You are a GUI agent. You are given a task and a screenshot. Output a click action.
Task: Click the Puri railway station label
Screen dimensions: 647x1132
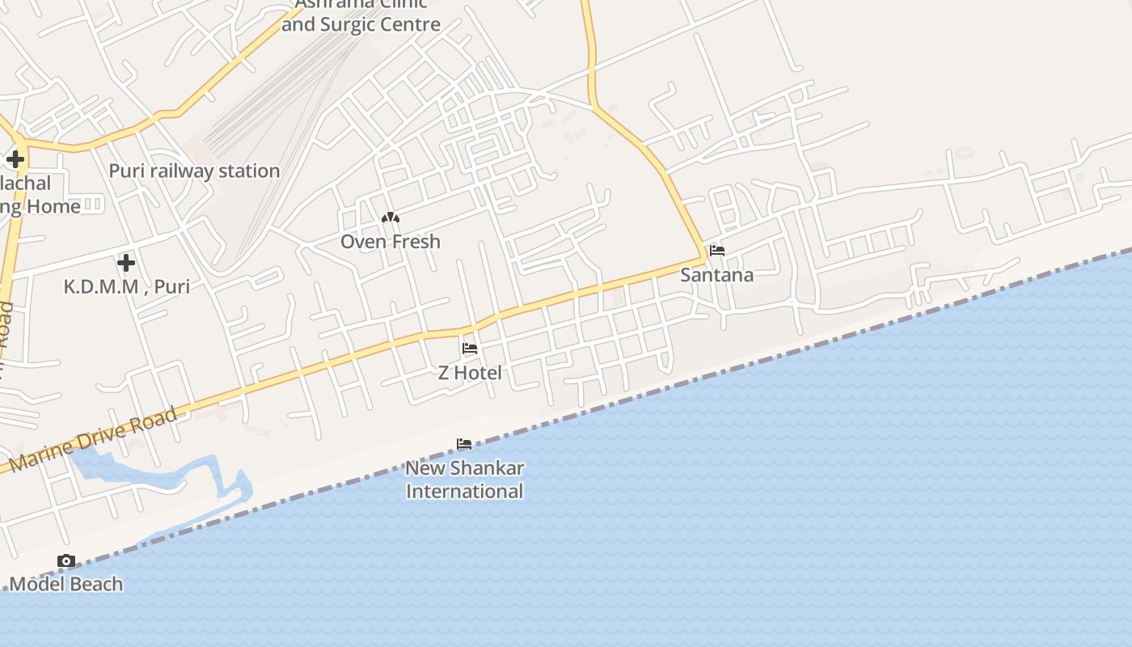[x=194, y=171]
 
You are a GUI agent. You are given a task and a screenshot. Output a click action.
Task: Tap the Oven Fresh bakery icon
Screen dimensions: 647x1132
[x=391, y=218]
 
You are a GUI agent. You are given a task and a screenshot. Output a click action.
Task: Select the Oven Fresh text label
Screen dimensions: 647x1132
[x=391, y=241]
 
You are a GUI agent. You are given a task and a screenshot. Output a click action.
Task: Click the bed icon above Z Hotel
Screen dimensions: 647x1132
[x=470, y=349]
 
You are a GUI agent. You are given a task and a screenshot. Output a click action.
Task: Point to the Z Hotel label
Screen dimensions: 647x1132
[x=470, y=372]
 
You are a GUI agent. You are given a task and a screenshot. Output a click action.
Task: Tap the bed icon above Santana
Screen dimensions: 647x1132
[x=717, y=251]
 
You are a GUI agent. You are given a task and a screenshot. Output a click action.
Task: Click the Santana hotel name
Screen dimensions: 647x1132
[x=717, y=274]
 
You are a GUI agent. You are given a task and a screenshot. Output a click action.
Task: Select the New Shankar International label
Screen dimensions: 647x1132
[x=464, y=479]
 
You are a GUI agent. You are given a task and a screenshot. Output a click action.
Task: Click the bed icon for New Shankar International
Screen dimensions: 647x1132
[x=464, y=444]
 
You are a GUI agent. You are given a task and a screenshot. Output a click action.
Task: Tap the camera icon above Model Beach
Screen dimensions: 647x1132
[x=66, y=560]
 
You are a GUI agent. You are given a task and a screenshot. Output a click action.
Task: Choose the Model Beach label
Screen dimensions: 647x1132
[x=66, y=583]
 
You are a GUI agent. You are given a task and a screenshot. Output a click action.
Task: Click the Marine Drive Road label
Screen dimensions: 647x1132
[x=93, y=441]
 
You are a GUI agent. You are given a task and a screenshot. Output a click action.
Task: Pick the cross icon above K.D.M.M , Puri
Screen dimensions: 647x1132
[x=126, y=263]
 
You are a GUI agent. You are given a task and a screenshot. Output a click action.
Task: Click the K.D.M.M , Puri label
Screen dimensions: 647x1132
[x=127, y=286]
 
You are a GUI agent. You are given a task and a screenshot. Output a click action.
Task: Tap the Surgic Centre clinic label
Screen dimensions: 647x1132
[x=361, y=24]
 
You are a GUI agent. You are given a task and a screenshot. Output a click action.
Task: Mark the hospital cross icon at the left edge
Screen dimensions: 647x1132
[x=15, y=159]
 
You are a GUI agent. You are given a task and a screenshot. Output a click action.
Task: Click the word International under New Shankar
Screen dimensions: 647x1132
[x=464, y=491]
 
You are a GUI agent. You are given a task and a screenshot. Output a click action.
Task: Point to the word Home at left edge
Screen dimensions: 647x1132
[x=53, y=206]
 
